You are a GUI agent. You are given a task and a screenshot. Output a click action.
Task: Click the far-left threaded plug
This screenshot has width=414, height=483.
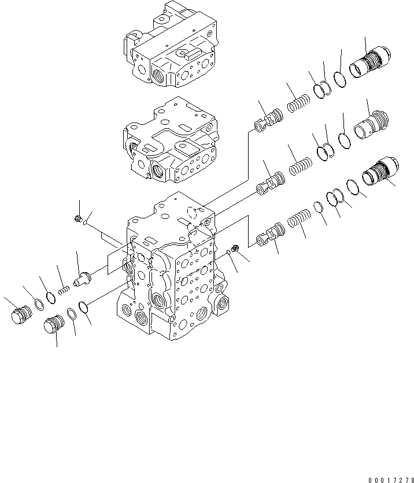pos(21,315)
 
